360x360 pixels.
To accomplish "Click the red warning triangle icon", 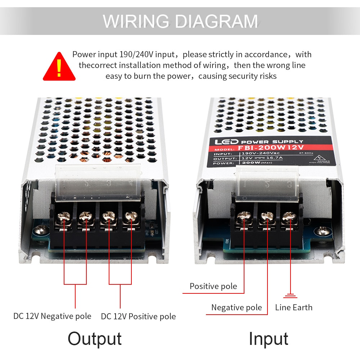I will pos(59,67).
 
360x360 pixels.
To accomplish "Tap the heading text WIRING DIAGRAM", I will pos(180,21).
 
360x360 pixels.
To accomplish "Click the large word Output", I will pos(95,339).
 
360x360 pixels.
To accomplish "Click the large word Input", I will pos(269,339).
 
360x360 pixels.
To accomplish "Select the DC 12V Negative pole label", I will pos(52,316).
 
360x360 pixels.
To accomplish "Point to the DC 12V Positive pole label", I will pos(138,316).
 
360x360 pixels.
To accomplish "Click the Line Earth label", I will pos(294,307).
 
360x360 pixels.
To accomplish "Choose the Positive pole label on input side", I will pos(213,287).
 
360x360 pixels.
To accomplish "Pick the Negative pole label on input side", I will pos(237,307).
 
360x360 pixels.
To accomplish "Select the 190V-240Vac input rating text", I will pos(256,153).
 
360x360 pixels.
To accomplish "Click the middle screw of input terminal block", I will pos(267,216).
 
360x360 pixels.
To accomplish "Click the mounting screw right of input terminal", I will pos(322,230).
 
